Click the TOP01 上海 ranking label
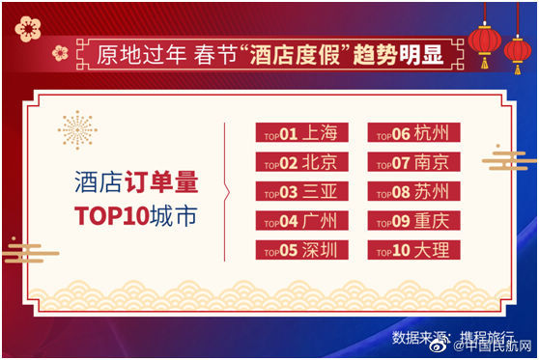pos(301,132)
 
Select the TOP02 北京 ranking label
pos(301,162)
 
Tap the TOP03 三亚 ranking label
pos(301,191)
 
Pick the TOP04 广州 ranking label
pos(301,220)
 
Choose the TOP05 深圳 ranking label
pos(301,250)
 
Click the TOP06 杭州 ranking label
pos(413,132)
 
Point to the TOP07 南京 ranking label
pos(413,162)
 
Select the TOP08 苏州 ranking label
pos(413,191)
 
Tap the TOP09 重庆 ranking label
pos(413,220)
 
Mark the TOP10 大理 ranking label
pos(413,250)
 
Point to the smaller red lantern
pos(518,51)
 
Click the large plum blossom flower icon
pos(28,29)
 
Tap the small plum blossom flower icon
pos(60,53)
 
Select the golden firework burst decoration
pos(77,130)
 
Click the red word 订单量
pos(161,181)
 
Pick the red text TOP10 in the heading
pos(112,216)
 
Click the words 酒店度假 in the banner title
pos(295,55)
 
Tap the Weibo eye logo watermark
pos(439,346)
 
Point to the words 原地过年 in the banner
pos(141,55)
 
